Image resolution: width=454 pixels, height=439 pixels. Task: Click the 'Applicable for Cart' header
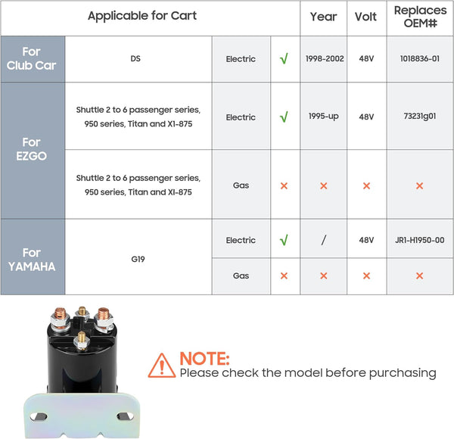(x=142, y=16)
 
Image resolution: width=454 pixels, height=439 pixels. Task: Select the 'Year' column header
(x=323, y=17)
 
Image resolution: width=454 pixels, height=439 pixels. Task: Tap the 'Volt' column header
(x=365, y=17)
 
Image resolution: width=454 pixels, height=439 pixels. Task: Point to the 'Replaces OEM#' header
(x=420, y=17)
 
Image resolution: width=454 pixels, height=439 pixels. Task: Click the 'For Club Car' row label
(x=31, y=58)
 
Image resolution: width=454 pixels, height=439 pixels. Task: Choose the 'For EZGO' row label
(x=31, y=149)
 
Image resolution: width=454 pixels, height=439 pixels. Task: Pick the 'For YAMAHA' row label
(x=32, y=260)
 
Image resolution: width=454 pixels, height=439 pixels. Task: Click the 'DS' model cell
(x=135, y=58)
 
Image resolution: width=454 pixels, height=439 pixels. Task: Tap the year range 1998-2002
(x=325, y=58)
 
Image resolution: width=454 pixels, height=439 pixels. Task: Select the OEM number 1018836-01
(x=420, y=58)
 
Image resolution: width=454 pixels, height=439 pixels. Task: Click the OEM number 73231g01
(x=420, y=116)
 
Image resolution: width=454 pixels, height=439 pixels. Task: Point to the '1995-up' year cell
(x=323, y=116)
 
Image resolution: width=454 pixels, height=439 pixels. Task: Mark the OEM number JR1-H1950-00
(x=420, y=240)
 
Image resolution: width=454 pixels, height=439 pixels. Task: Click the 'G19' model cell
(x=138, y=259)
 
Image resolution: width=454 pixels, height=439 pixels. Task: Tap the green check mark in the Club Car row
(x=284, y=58)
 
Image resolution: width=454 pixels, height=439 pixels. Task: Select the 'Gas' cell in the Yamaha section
(x=241, y=276)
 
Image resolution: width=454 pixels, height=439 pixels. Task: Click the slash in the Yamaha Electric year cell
(x=323, y=240)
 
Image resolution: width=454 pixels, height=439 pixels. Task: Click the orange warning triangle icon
(x=162, y=366)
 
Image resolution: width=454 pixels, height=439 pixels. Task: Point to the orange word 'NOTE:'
(x=204, y=359)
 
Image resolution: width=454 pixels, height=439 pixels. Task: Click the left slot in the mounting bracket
(x=39, y=417)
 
